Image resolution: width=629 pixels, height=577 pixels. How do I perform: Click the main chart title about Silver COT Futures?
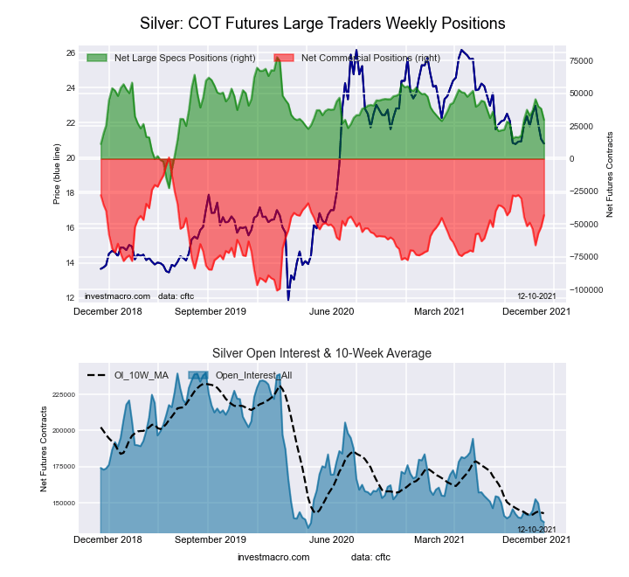click(x=322, y=21)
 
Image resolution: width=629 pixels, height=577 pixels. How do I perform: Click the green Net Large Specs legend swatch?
click(x=96, y=58)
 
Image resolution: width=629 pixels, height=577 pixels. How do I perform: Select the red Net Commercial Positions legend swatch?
click(x=284, y=58)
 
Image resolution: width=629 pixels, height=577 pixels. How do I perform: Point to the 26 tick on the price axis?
click(x=70, y=53)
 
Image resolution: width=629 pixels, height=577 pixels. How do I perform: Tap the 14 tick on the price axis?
click(x=70, y=263)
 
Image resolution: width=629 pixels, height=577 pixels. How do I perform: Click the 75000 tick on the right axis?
click(x=582, y=60)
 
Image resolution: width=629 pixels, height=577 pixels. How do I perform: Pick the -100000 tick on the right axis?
click(x=584, y=289)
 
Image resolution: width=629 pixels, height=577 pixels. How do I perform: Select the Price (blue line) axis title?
click(x=57, y=176)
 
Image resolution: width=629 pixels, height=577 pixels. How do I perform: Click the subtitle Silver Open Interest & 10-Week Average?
click(x=322, y=353)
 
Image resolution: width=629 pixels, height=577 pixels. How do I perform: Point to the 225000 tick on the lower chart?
click(x=64, y=394)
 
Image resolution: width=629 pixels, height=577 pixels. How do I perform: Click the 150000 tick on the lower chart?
click(x=64, y=504)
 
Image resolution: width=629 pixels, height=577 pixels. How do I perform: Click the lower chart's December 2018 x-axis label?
click(x=107, y=540)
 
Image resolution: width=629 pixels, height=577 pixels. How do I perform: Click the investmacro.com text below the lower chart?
click(x=273, y=557)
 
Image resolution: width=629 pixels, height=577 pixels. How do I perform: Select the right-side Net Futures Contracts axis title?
click(x=610, y=176)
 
